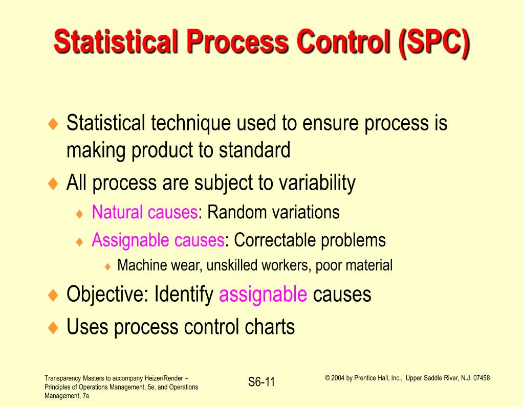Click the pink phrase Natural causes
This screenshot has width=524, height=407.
point(145,212)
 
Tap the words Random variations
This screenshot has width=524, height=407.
point(273,212)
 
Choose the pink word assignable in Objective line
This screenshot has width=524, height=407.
point(263,295)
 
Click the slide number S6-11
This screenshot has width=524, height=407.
point(261,382)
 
